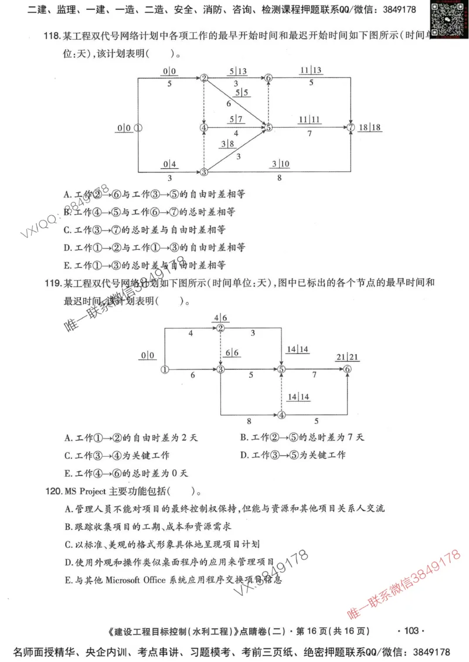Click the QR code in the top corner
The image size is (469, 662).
tap(446, 14)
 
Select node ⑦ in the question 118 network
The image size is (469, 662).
tap(351, 127)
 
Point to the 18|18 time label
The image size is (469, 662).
tap(369, 127)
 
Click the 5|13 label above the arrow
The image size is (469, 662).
tap(238, 72)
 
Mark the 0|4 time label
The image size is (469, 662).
tap(169, 164)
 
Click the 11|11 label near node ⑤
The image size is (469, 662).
tap(310, 120)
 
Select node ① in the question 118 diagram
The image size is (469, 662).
tap(138, 127)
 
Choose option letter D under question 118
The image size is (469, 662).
tap(67, 247)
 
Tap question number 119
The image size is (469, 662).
tap(52, 283)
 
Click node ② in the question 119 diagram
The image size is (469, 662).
tap(220, 328)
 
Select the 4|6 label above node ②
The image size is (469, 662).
tap(220, 318)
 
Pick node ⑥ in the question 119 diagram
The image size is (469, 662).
tap(348, 369)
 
